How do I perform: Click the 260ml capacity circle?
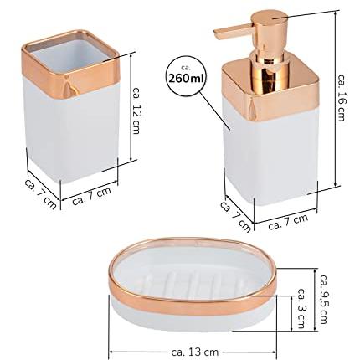click(x=187, y=76)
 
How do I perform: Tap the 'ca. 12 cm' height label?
click(x=136, y=111)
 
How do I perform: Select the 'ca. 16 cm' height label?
click(x=341, y=97)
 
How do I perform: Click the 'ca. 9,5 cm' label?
click(x=324, y=299)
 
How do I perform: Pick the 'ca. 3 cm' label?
click(x=301, y=308)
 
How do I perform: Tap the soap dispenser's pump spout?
click(x=234, y=30)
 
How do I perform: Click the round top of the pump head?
click(x=270, y=18)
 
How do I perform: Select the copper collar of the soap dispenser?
click(x=270, y=92)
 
